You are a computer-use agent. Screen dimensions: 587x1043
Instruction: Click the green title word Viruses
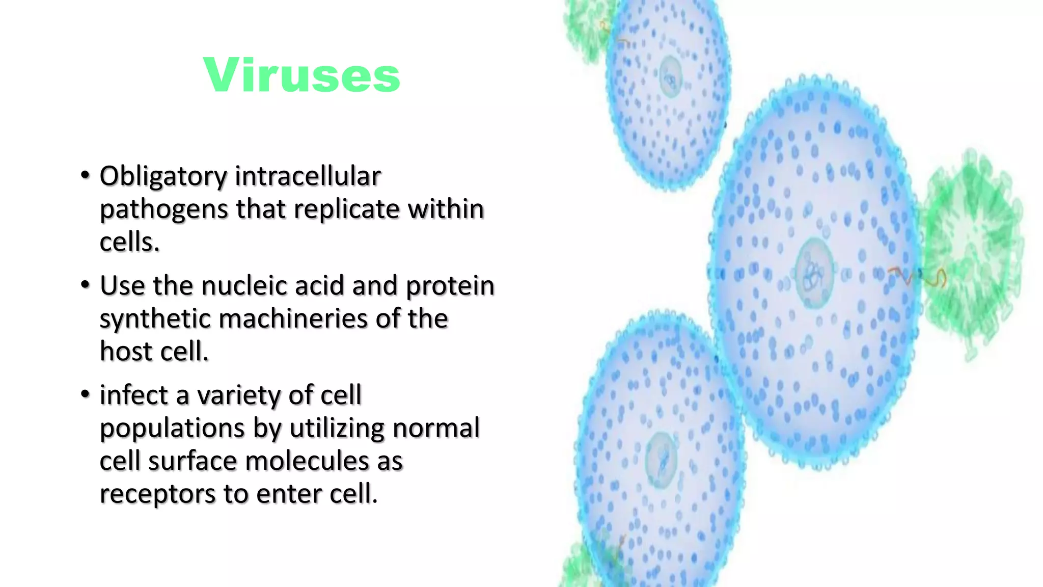coord(301,75)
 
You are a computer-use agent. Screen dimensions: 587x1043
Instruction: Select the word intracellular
coord(308,176)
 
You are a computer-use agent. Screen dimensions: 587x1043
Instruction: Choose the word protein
coord(450,285)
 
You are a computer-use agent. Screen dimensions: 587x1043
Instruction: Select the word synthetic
coord(155,319)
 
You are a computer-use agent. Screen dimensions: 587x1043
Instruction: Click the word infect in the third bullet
coord(133,395)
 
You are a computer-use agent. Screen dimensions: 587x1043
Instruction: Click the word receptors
coord(157,494)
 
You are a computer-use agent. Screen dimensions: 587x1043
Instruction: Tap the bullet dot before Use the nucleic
coord(85,285)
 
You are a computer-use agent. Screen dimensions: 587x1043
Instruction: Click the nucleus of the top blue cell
coord(671,76)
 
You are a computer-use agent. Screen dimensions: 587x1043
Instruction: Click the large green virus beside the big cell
coord(970,255)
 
